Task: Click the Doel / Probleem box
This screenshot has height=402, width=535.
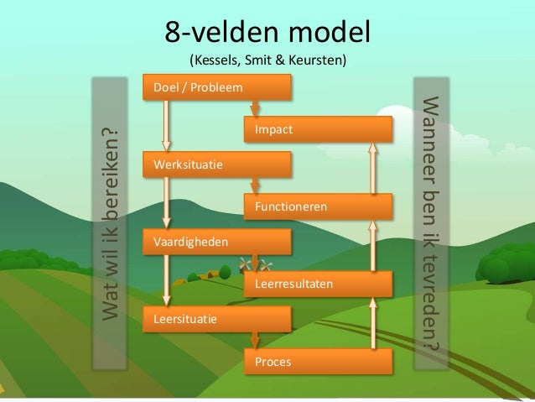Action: [217, 87]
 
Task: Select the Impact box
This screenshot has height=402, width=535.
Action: [318, 130]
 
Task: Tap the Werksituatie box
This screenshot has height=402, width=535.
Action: [217, 164]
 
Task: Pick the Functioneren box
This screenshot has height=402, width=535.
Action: [318, 206]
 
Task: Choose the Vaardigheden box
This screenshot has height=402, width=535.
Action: [217, 242]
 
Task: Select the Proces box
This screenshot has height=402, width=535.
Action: [318, 362]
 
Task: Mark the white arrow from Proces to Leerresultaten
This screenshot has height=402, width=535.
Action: [372, 323]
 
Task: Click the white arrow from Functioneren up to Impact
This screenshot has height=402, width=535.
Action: [372, 168]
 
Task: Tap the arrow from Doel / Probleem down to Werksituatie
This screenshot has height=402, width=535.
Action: [168, 126]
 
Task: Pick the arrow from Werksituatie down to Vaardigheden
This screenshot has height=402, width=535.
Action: [168, 202]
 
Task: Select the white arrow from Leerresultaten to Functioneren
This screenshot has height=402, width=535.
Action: [372, 245]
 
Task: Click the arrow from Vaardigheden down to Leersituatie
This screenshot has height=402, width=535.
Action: [168, 280]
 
